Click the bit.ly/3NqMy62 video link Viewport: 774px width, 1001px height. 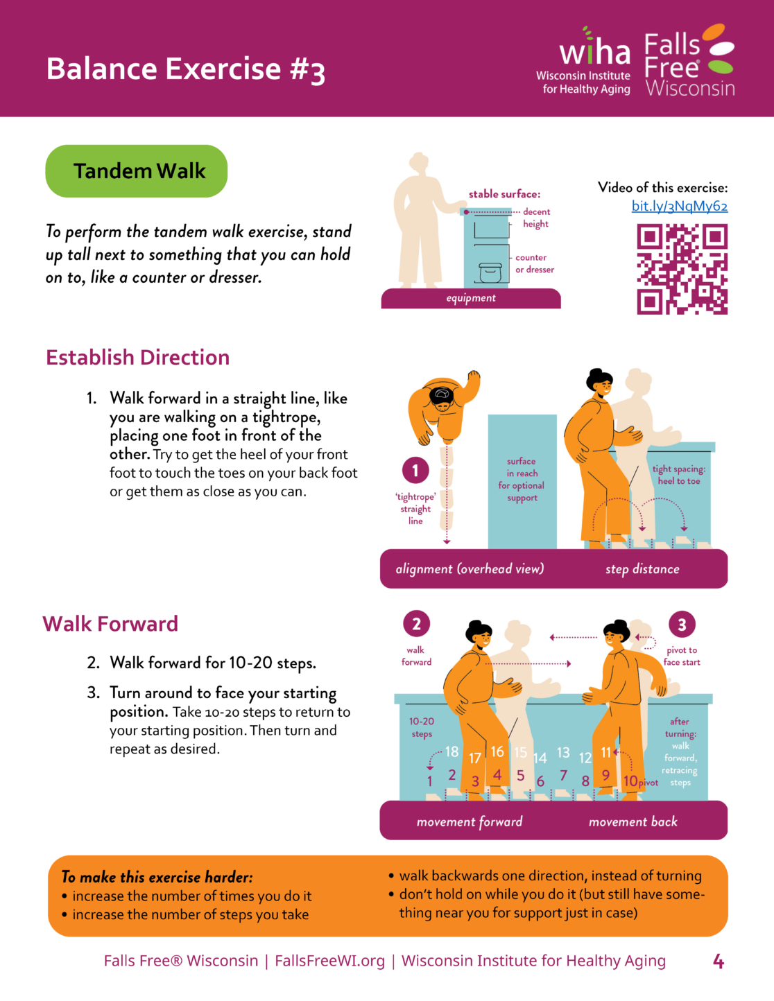click(680, 206)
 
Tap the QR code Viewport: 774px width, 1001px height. click(682, 269)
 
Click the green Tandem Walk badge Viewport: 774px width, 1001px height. click(137, 171)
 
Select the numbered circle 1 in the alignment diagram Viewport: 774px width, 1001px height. click(415, 470)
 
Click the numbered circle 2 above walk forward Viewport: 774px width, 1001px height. click(417, 624)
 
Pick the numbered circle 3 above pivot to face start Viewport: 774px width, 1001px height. click(682, 624)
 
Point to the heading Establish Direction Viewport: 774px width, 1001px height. click(138, 358)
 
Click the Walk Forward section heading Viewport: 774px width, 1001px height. click(110, 624)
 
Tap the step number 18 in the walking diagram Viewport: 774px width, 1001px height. click(452, 751)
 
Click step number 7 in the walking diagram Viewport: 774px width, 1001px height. click(563, 775)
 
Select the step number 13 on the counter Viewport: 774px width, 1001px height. click(563, 752)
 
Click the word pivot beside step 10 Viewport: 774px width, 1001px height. click(648, 783)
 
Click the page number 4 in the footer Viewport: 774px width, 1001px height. click(719, 961)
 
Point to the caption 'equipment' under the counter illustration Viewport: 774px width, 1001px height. click(471, 298)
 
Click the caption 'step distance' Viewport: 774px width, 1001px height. click(642, 569)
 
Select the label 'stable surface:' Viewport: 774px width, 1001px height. click(504, 194)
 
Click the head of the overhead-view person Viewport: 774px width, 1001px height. click(442, 397)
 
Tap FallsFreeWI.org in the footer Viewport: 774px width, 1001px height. click(330, 961)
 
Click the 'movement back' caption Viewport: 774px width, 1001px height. click(633, 822)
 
